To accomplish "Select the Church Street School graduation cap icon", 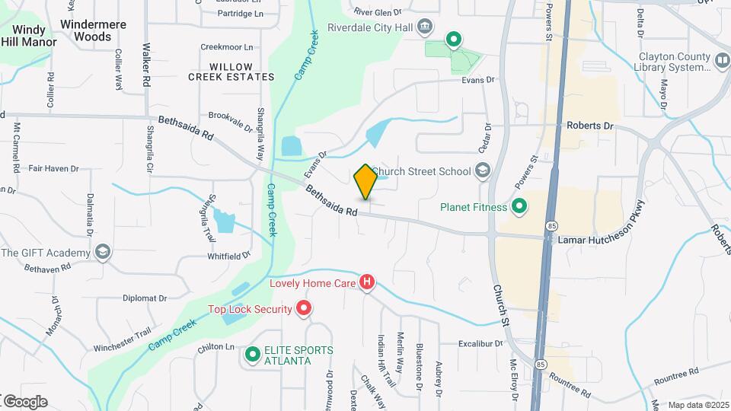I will click(482, 170).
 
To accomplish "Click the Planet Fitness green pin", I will click(519, 206).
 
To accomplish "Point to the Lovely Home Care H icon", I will click(367, 283).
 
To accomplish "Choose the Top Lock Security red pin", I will click(304, 309).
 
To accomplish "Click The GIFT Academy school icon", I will click(103, 253).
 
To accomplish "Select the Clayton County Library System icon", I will click(722, 59).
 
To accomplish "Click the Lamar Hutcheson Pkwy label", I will click(602, 239).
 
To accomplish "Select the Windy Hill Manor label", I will click(29, 36).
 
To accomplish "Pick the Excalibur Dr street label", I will click(480, 344).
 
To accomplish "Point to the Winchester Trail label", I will click(123, 348).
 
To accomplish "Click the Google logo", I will click(24, 402).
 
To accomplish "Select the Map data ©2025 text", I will click(697, 405).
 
